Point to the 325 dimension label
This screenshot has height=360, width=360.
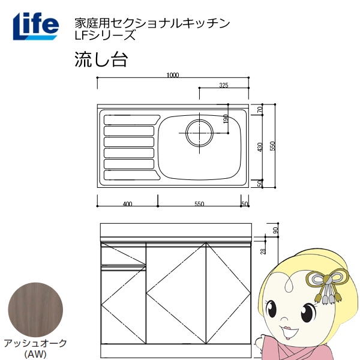coord(223,86)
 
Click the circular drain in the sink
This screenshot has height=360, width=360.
coord(199,132)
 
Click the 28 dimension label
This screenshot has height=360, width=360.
coord(262,251)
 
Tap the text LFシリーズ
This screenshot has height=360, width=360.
coord(101,35)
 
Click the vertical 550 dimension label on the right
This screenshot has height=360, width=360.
coord(272,146)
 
